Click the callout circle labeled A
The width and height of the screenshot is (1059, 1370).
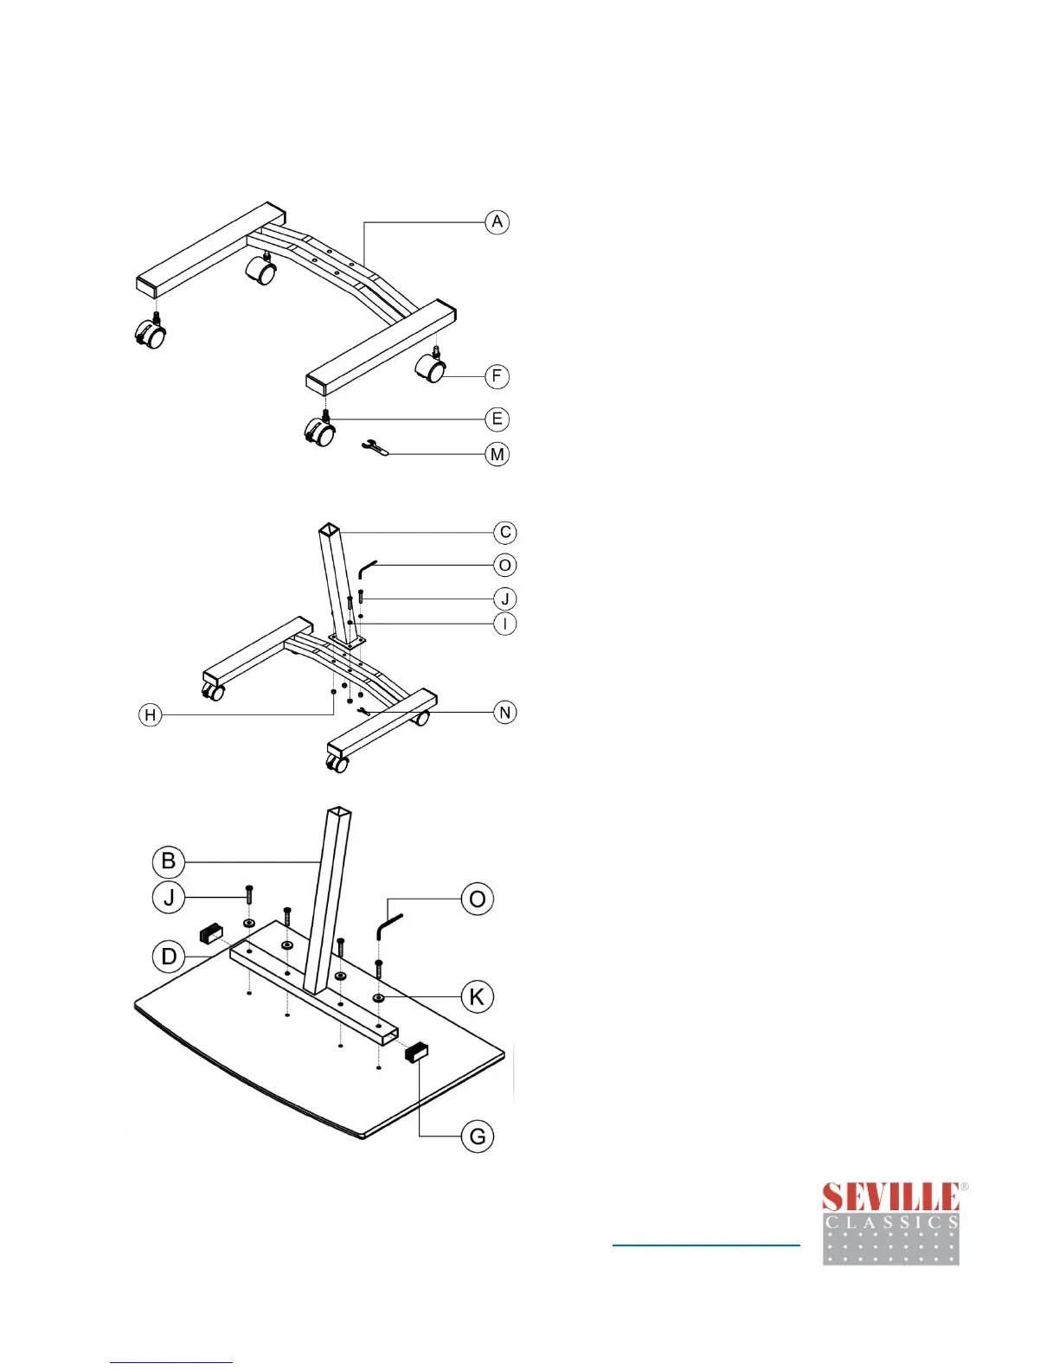[x=497, y=222]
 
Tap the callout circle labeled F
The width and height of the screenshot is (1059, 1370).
[x=497, y=376]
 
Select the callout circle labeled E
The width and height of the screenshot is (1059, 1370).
[x=497, y=419]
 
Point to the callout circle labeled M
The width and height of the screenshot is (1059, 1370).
[x=497, y=454]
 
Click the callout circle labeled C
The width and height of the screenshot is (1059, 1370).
[x=505, y=533]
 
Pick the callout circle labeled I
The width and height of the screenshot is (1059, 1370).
[x=505, y=624]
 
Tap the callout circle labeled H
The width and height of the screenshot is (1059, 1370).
[x=151, y=715]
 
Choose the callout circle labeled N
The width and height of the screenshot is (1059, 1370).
[x=505, y=713]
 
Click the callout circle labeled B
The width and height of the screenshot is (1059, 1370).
[x=169, y=861]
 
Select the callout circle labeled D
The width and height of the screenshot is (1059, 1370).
[x=169, y=957]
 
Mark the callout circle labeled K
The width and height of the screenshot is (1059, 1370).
[x=477, y=996]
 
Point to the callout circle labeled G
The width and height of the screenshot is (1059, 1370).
[x=478, y=1136]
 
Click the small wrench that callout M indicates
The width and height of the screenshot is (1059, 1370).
[x=375, y=447]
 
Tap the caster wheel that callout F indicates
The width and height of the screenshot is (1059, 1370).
[x=433, y=369]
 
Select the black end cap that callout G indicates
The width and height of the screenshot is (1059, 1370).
[x=416, y=1053]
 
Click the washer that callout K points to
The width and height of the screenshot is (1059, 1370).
[x=379, y=998]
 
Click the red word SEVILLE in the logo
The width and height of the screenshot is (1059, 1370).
[x=890, y=1198]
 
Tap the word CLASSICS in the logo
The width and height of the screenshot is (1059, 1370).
[x=891, y=1223]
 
